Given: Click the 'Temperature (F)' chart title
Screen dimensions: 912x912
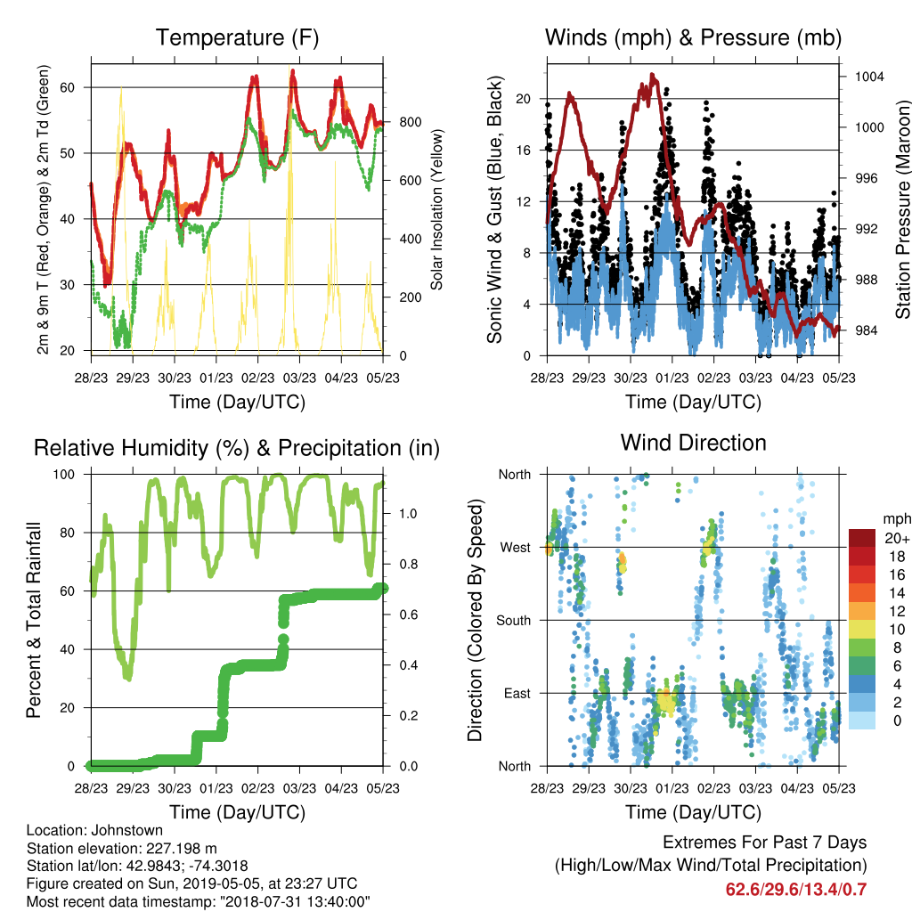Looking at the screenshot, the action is (237, 37).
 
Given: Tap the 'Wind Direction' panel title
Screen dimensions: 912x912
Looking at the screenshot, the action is (693, 443).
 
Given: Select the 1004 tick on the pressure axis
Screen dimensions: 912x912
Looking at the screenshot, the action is (869, 77).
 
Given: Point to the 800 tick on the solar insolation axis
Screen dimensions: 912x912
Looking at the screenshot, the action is (411, 122).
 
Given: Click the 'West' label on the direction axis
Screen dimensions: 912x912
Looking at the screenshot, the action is (516, 548).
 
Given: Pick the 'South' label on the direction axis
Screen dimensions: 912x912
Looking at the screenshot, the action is (514, 621).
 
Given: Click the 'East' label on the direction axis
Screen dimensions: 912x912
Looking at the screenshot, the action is (517, 693).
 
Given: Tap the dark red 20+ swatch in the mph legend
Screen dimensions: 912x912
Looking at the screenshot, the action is (861, 538).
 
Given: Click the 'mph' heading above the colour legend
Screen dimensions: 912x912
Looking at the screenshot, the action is (896, 519).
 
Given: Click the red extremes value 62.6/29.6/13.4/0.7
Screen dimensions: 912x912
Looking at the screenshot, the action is (796, 890).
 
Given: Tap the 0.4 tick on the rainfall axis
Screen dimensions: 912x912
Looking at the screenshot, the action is (408, 665).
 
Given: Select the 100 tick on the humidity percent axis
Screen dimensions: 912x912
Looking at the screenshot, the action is (64, 475).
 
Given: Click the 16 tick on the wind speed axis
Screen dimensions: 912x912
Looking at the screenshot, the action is (524, 150).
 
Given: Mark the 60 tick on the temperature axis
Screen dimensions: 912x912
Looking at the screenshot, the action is (68, 88).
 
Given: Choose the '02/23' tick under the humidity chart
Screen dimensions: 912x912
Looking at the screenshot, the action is (258, 788).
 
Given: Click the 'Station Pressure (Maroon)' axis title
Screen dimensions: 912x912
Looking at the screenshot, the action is (902, 209).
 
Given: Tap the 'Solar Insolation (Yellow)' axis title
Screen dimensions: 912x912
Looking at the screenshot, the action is (436, 209).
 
